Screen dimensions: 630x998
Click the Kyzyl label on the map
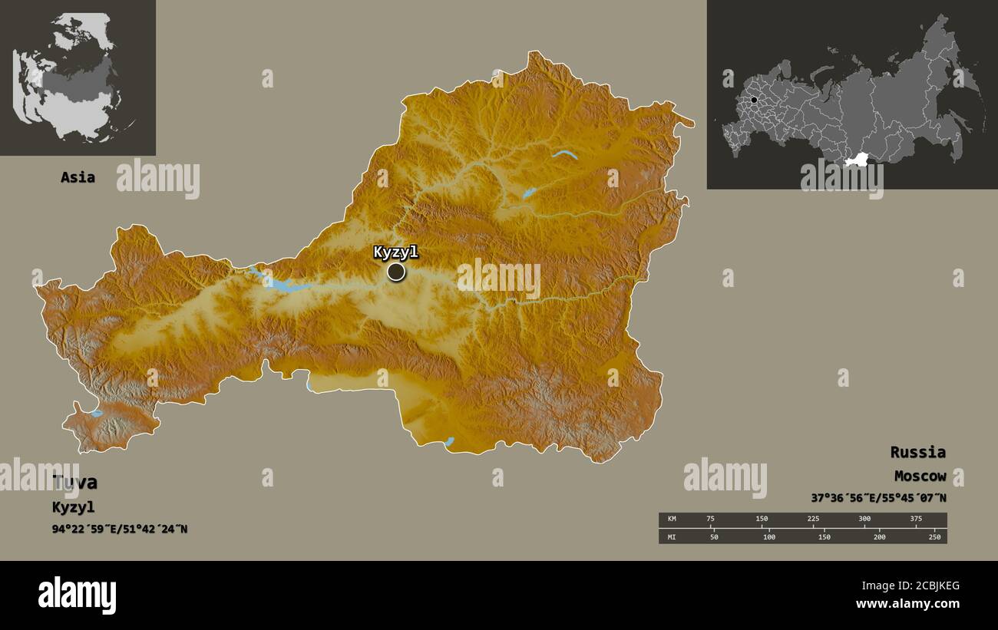click(396, 252)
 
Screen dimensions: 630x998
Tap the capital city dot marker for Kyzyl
click(396, 272)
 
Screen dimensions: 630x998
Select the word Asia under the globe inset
click(78, 177)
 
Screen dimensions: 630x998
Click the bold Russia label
click(917, 452)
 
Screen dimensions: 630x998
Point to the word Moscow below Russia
click(919, 476)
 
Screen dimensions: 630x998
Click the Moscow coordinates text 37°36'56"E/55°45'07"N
click(878, 497)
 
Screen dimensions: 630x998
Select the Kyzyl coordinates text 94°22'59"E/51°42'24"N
click(120, 529)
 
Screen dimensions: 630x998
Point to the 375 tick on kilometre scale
click(915, 520)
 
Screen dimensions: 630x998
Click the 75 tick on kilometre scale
click(711, 520)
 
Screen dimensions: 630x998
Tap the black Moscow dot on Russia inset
click(754, 100)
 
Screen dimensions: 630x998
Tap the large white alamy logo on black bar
click(77, 595)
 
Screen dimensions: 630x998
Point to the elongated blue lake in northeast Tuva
click(564, 154)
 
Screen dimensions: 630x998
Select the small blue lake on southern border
click(449, 441)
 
